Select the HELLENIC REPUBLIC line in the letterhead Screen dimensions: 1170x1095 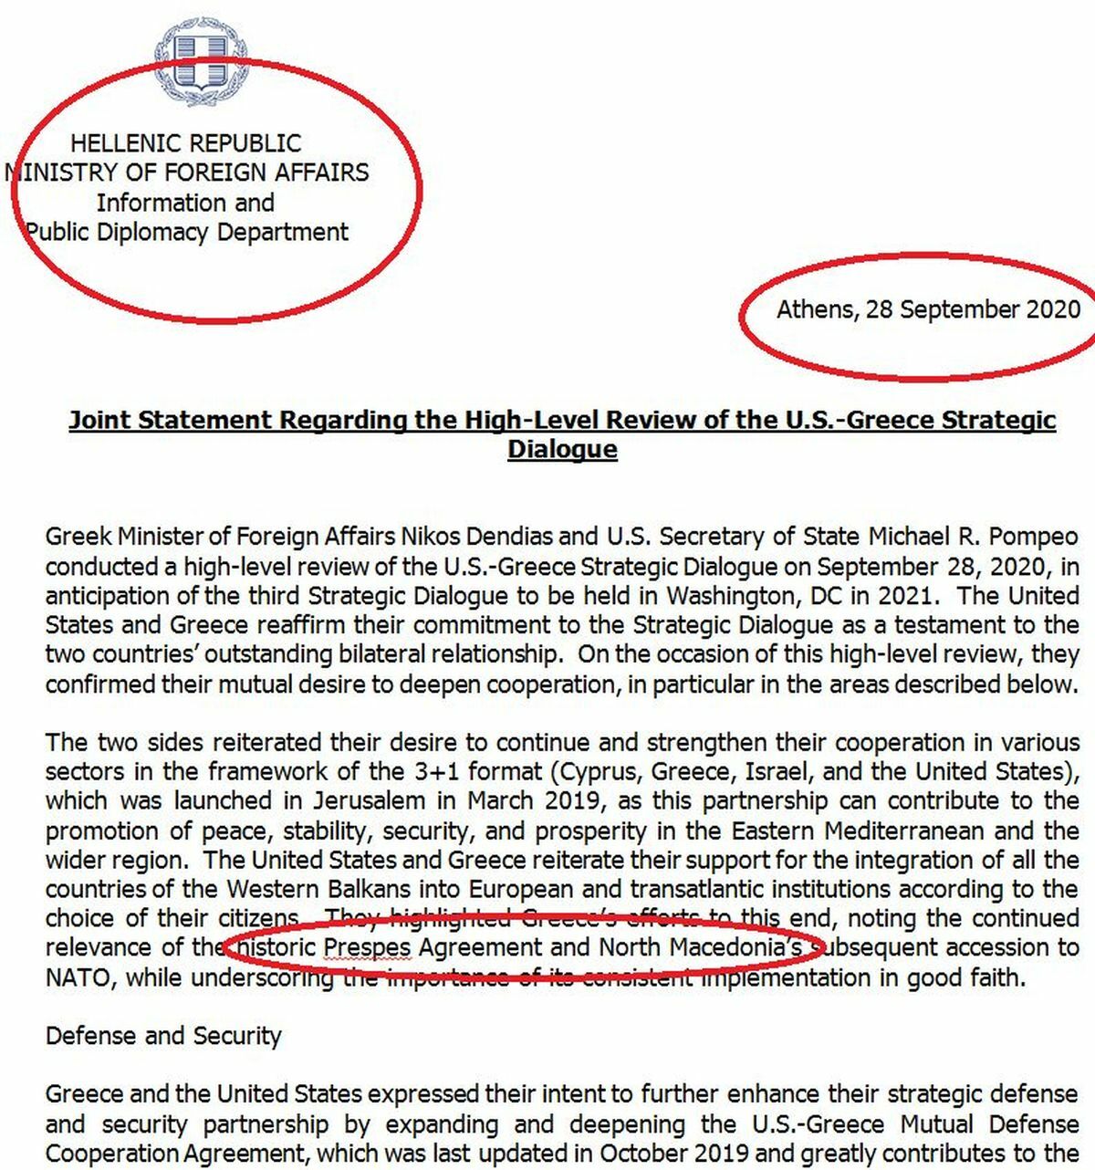coord(185,143)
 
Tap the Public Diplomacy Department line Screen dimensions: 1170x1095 coord(187,232)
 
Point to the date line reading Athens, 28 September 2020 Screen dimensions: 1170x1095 coord(928,309)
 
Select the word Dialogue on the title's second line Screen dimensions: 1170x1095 coord(562,449)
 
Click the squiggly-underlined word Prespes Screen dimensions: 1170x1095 coord(368,948)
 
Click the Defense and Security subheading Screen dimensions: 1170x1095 coord(163,1036)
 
